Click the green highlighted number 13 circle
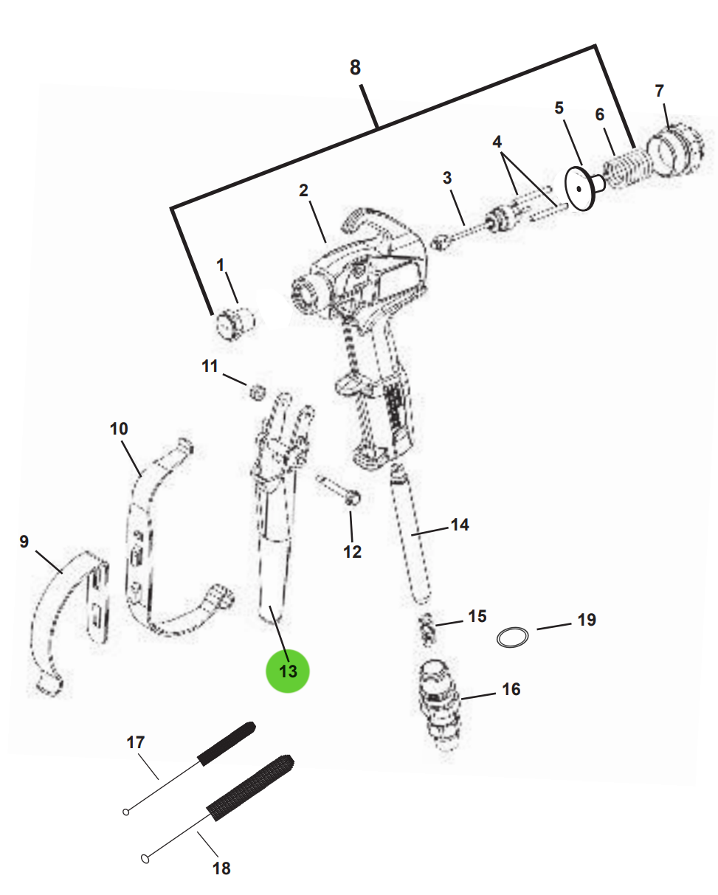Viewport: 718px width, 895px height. [288, 671]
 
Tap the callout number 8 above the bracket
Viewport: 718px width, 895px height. [355, 67]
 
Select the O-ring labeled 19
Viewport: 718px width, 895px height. [513, 637]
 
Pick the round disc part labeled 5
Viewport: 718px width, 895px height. [580, 189]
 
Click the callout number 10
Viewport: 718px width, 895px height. [119, 429]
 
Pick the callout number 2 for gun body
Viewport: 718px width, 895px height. [303, 190]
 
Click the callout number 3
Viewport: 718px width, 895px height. [447, 178]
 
